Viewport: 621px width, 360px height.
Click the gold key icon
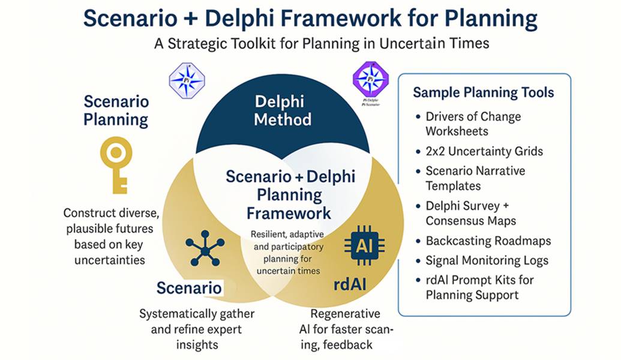click(x=116, y=164)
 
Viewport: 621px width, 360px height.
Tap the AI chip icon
click(x=364, y=247)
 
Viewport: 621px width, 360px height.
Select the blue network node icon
click(x=204, y=246)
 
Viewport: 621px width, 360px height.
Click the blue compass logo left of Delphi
click(x=187, y=80)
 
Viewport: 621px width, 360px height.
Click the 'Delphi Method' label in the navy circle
click(x=282, y=110)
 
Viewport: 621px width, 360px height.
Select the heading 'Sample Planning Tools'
click(x=483, y=92)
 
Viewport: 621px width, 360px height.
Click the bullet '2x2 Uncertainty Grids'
click(x=484, y=151)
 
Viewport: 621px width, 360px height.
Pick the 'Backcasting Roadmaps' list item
click(x=488, y=241)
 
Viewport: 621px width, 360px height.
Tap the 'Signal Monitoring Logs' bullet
click(x=487, y=260)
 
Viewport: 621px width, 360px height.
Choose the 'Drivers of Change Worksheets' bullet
click(x=473, y=124)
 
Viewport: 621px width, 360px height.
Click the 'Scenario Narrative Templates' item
click(x=475, y=178)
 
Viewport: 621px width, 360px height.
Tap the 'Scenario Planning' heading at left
click(x=116, y=110)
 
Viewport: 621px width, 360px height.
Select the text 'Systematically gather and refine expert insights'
click(x=197, y=329)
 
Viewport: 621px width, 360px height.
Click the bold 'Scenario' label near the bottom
click(x=189, y=288)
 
